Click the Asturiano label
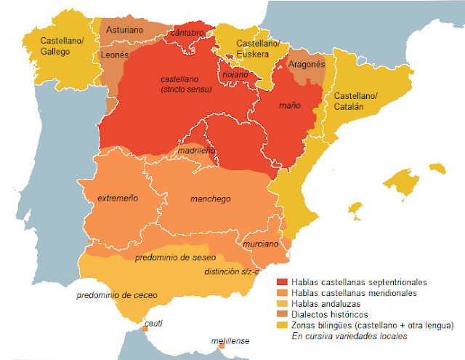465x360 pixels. tap(124, 31)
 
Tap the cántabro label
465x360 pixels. tap(187, 33)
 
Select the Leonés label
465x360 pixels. tap(116, 54)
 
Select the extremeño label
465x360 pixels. tap(109, 198)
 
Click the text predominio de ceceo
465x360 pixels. tap(116, 295)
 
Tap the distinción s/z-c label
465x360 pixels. tap(232, 271)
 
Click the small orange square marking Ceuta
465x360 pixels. tap(145, 329)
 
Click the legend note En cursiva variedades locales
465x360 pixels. tap(349, 336)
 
